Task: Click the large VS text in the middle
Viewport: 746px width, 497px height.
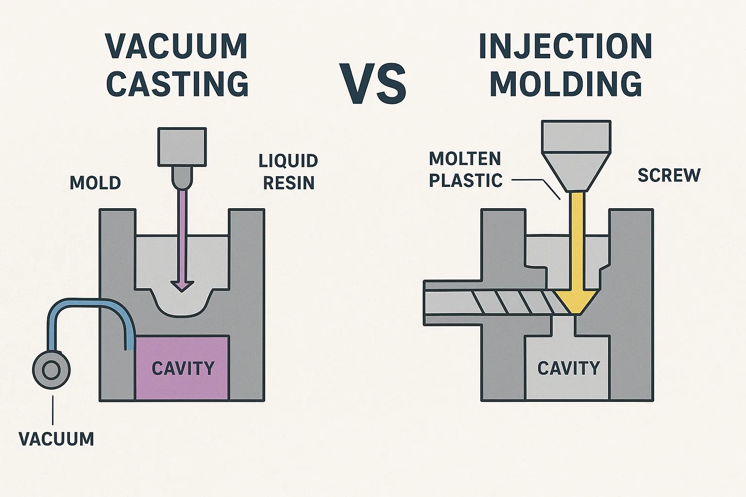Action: [373, 83]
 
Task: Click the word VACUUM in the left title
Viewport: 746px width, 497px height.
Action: [177, 47]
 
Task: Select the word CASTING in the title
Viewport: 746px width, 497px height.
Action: [177, 83]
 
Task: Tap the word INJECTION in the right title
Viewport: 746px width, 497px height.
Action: [565, 47]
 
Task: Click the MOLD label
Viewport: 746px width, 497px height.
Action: [95, 183]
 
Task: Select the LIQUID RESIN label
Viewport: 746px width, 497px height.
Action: [288, 172]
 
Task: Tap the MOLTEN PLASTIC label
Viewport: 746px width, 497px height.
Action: [465, 169]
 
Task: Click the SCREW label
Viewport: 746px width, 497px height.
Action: [669, 175]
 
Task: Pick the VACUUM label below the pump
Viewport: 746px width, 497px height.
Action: [56, 439]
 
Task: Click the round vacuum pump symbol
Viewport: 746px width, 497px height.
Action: [51, 370]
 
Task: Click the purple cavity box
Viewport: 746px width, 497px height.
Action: [182, 368]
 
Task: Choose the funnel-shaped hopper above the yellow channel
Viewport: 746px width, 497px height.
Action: [576, 155]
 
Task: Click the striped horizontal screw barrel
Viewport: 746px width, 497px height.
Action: [491, 302]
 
